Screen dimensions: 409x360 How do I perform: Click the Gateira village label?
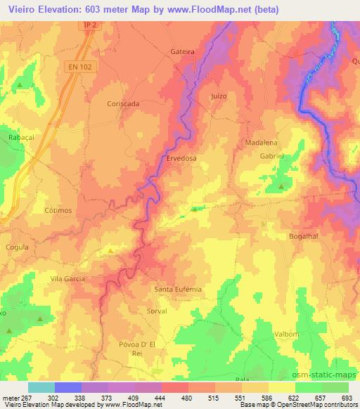click(x=182, y=52)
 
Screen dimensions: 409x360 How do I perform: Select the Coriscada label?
click(x=123, y=103)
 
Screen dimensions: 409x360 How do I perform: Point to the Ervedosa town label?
click(x=182, y=159)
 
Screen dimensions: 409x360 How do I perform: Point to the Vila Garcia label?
click(x=67, y=279)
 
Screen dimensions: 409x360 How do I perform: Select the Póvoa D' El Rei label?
click(x=141, y=349)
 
